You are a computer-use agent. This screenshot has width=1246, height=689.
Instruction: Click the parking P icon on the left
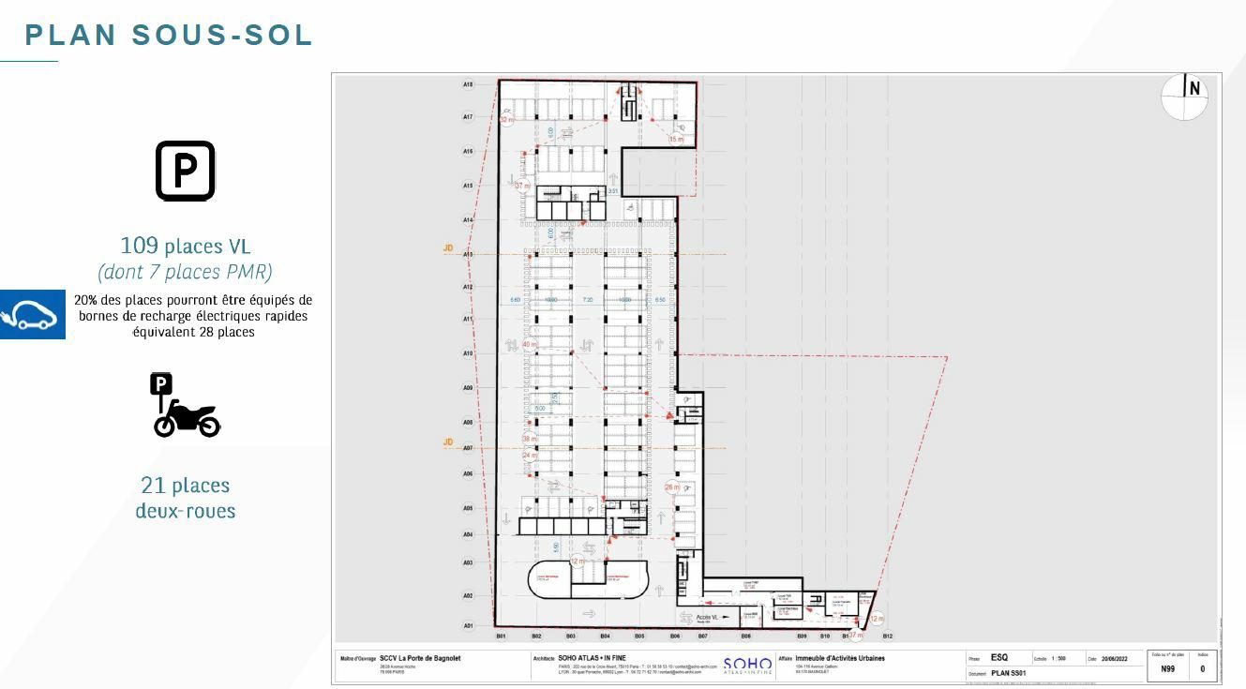(x=185, y=171)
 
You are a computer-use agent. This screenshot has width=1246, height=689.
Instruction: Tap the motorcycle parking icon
(x=186, y=405)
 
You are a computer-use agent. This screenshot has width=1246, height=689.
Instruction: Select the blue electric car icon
(x=33, y=314)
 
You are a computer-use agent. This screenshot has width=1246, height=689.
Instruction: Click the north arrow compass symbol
(x=1185, y=97)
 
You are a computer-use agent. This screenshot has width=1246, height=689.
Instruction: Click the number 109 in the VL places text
(x=140, y=246)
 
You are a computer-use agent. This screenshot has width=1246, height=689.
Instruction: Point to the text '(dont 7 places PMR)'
(x=185, y=272)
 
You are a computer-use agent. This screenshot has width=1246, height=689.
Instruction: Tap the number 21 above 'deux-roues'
(x=153, y=486)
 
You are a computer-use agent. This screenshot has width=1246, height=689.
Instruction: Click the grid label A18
(x=468, y=84)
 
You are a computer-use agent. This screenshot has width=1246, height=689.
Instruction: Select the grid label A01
(x=468, y=625)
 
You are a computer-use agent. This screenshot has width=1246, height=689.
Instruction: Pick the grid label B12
(x=887, y=637)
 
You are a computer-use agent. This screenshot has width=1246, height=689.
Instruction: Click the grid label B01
(x=502, y=637)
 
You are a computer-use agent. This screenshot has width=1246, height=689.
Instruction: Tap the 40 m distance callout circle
(x=530, y=345)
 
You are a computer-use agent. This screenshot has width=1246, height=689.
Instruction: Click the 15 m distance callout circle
(x=676, y=139)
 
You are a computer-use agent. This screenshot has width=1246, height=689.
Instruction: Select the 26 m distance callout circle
(x=672, y=487)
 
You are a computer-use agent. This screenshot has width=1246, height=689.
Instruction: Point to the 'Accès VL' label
(x=708, y=618)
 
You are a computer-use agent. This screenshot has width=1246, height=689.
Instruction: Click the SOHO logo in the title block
(x=747, y=665)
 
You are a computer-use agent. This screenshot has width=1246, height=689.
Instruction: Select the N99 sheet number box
(x=1167, y=668)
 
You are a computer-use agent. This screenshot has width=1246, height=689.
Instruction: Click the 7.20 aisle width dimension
(x=588, y=300)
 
